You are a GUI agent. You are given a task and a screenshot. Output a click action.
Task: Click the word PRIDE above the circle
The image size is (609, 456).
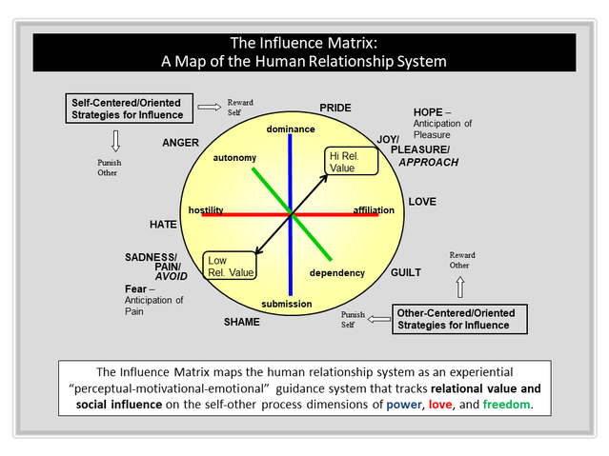(335, 108)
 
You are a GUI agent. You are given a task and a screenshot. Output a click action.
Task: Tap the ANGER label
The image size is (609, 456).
(180, 143)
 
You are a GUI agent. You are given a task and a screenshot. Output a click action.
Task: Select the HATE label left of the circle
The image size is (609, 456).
(163, 224)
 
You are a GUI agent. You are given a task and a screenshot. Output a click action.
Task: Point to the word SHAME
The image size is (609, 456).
(241, 322)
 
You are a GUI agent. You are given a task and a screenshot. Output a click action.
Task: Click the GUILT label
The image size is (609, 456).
(405, 272)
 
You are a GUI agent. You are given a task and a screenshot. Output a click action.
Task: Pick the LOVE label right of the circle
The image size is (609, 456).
(422, 202)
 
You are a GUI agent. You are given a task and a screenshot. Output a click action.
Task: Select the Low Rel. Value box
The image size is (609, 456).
(230, 267)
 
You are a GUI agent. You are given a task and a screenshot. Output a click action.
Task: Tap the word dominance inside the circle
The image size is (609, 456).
(290, 129)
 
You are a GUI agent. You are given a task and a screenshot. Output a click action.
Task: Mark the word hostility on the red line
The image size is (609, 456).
(207, 209)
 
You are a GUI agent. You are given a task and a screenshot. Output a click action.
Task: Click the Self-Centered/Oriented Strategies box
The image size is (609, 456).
(131, 109)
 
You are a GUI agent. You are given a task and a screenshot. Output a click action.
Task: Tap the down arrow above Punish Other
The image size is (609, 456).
(115, 141)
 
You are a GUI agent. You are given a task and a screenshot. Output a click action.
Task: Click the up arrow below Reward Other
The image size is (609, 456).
(461, 287)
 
